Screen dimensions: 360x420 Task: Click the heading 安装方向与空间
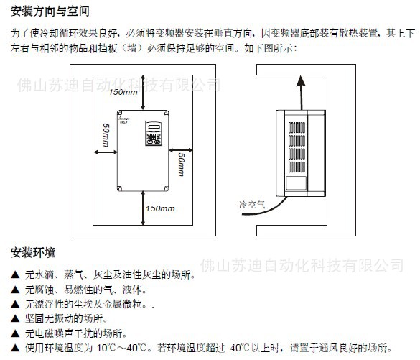pos(50,11)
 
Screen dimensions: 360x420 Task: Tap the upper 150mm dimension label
pos(123,93)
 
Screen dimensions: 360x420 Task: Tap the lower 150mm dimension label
pos(159,208)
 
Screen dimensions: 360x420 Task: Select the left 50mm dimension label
pos(106,137)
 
